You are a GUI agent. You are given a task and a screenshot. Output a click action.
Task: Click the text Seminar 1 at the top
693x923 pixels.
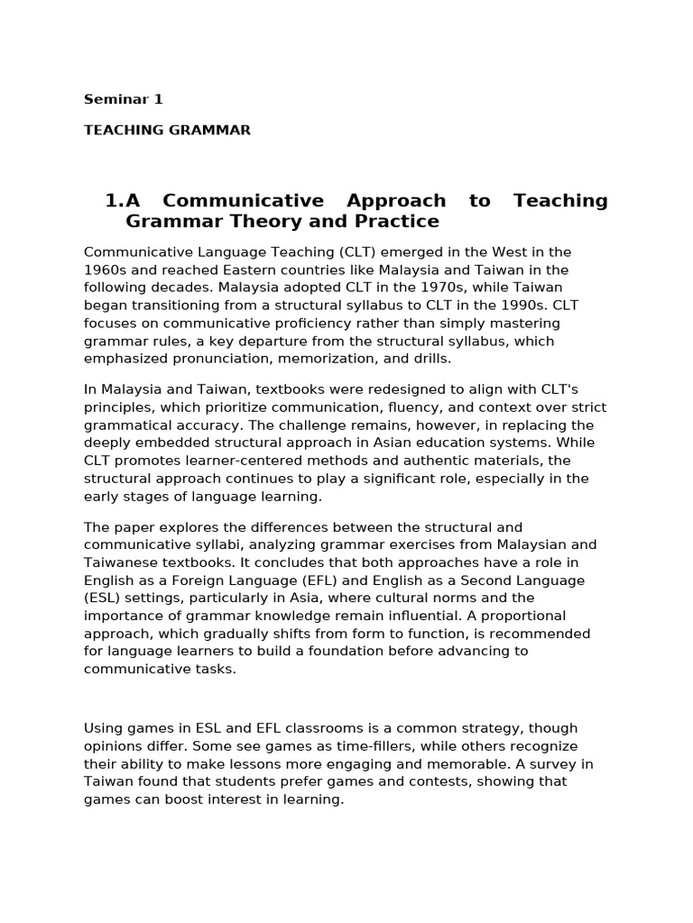pos(124,99)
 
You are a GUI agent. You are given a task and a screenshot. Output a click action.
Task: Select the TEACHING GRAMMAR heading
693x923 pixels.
pos(167,130)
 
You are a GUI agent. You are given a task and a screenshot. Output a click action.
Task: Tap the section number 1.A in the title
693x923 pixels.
pos(125,200)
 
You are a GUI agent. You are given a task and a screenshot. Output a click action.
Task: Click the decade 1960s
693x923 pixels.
pos(107,270)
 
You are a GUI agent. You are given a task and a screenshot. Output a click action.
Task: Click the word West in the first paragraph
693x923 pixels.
pos(494,252)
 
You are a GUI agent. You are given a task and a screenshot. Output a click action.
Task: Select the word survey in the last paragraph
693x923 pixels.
pos(542,763)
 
